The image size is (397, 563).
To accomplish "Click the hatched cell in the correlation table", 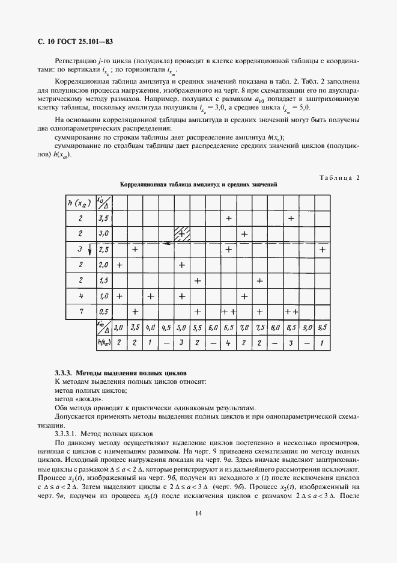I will (x=182, y=233).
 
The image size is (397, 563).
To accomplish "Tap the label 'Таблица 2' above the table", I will (x=339, y=177).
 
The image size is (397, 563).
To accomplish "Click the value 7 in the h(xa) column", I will (x=80, y=312).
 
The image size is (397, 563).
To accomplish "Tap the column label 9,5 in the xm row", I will (x=323, y=328).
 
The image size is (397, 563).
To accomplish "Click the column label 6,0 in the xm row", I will (x=213, y=328).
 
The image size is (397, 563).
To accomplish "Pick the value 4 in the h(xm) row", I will (x=229, y=343).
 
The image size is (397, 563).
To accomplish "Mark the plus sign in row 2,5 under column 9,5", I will (x=323, y=249).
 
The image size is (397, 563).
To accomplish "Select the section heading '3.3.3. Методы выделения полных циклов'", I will (x=121, y=374).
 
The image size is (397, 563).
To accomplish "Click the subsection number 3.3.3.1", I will (x=68, y=433).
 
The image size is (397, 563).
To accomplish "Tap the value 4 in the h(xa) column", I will (x=80, y=296).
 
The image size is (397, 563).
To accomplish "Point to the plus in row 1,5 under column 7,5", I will (x=260, y=280).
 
